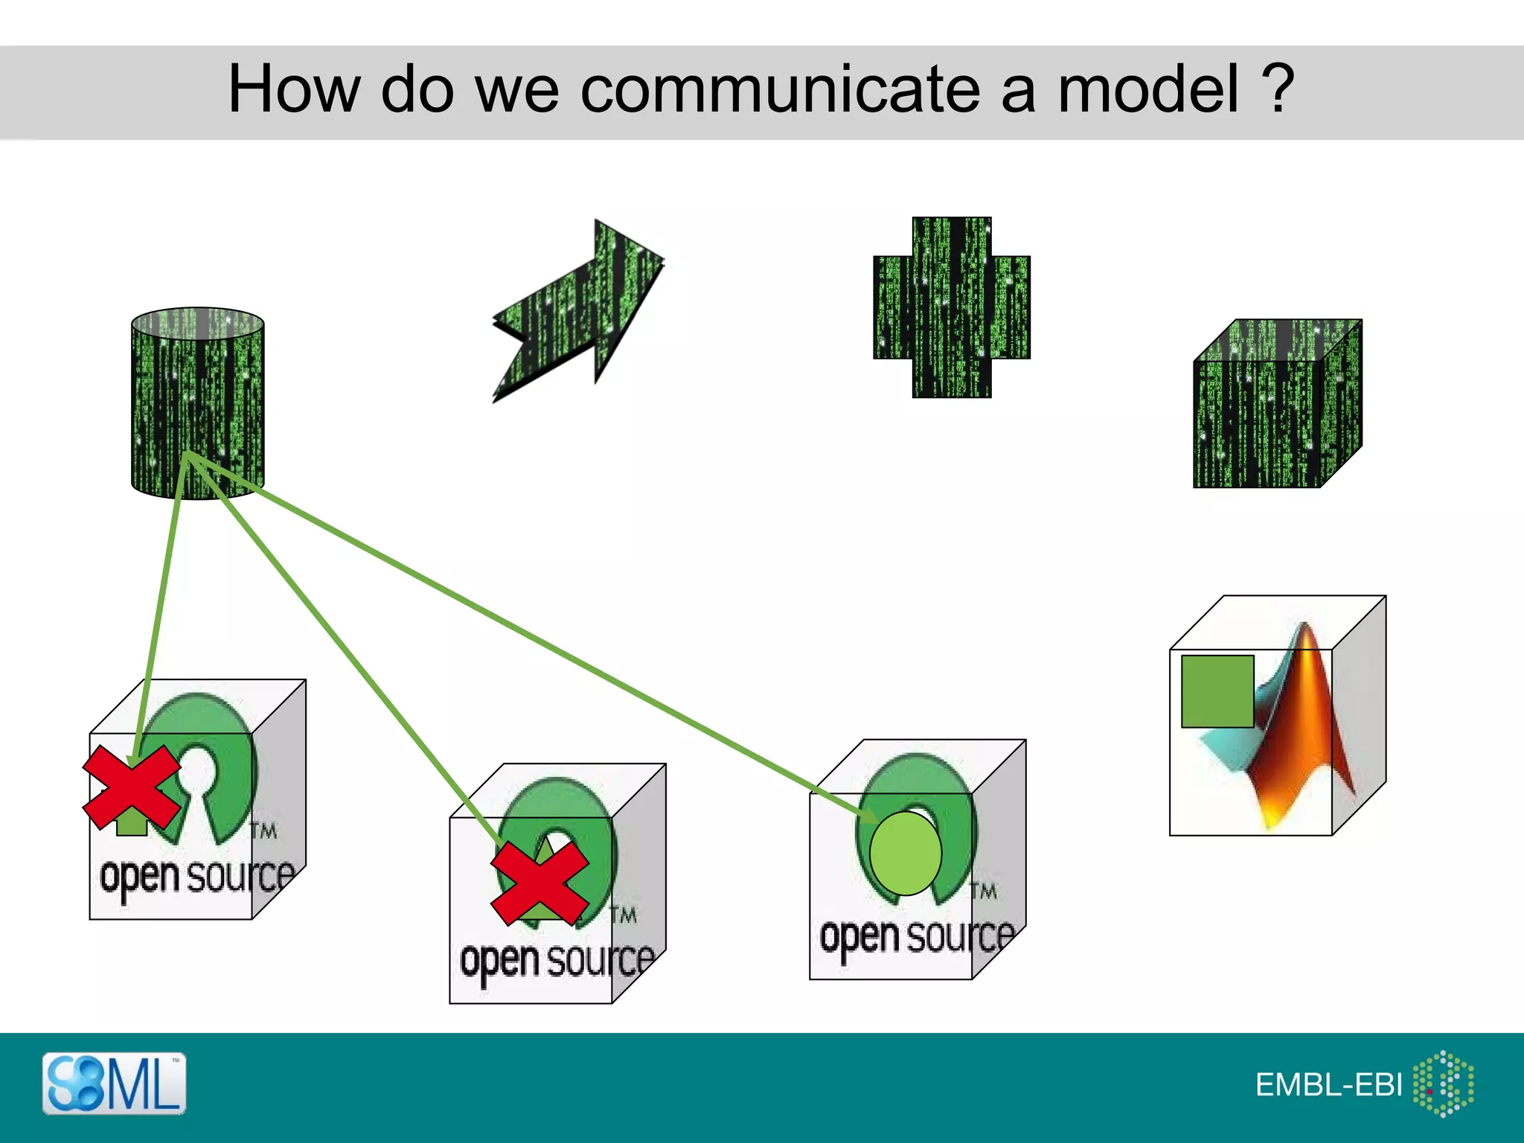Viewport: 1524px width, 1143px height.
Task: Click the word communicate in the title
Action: [778, 89]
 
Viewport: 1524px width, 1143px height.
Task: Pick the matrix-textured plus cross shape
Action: [952, 307]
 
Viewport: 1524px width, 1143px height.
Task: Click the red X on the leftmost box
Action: [132, 787]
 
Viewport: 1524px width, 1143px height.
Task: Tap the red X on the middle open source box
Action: [540, 883]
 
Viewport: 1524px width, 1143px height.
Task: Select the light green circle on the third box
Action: [905, 854]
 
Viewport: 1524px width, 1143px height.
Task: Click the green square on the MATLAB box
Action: [1217, 691]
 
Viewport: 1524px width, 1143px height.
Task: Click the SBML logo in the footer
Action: [114, 1083]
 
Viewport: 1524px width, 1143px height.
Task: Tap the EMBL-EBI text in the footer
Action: [1328, 1085]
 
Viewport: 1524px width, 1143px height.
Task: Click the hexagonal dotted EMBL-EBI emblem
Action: [1444, 1083]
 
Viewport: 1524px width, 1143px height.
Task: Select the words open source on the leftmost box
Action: [197, 877]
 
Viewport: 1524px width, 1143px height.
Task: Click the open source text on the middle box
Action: [557, 961]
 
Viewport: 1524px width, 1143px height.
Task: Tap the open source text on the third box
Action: [917, 937]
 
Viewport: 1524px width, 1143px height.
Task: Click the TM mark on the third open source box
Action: [983, 891]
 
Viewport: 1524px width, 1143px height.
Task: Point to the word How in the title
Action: [294, 89]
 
